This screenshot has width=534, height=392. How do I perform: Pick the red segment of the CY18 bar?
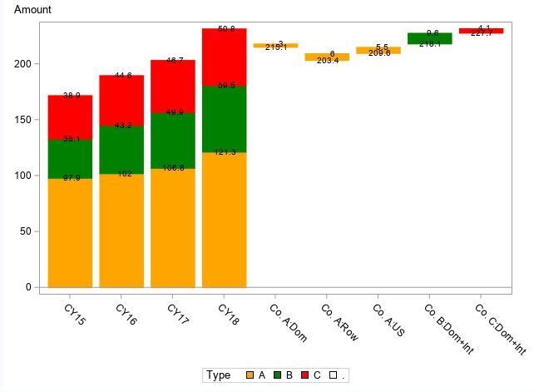224,57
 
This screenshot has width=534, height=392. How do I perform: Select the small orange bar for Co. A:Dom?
275,45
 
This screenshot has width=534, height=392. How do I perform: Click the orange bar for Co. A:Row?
327,57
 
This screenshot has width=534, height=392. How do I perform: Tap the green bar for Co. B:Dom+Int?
429,38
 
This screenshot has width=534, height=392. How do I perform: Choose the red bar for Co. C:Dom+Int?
481,31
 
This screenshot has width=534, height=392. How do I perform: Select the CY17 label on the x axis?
178,315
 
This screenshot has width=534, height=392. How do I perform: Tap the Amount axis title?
32,10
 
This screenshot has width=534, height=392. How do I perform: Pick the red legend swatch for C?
304,375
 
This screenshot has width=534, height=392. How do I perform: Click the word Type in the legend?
219,375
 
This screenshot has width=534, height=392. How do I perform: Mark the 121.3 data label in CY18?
224,152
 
